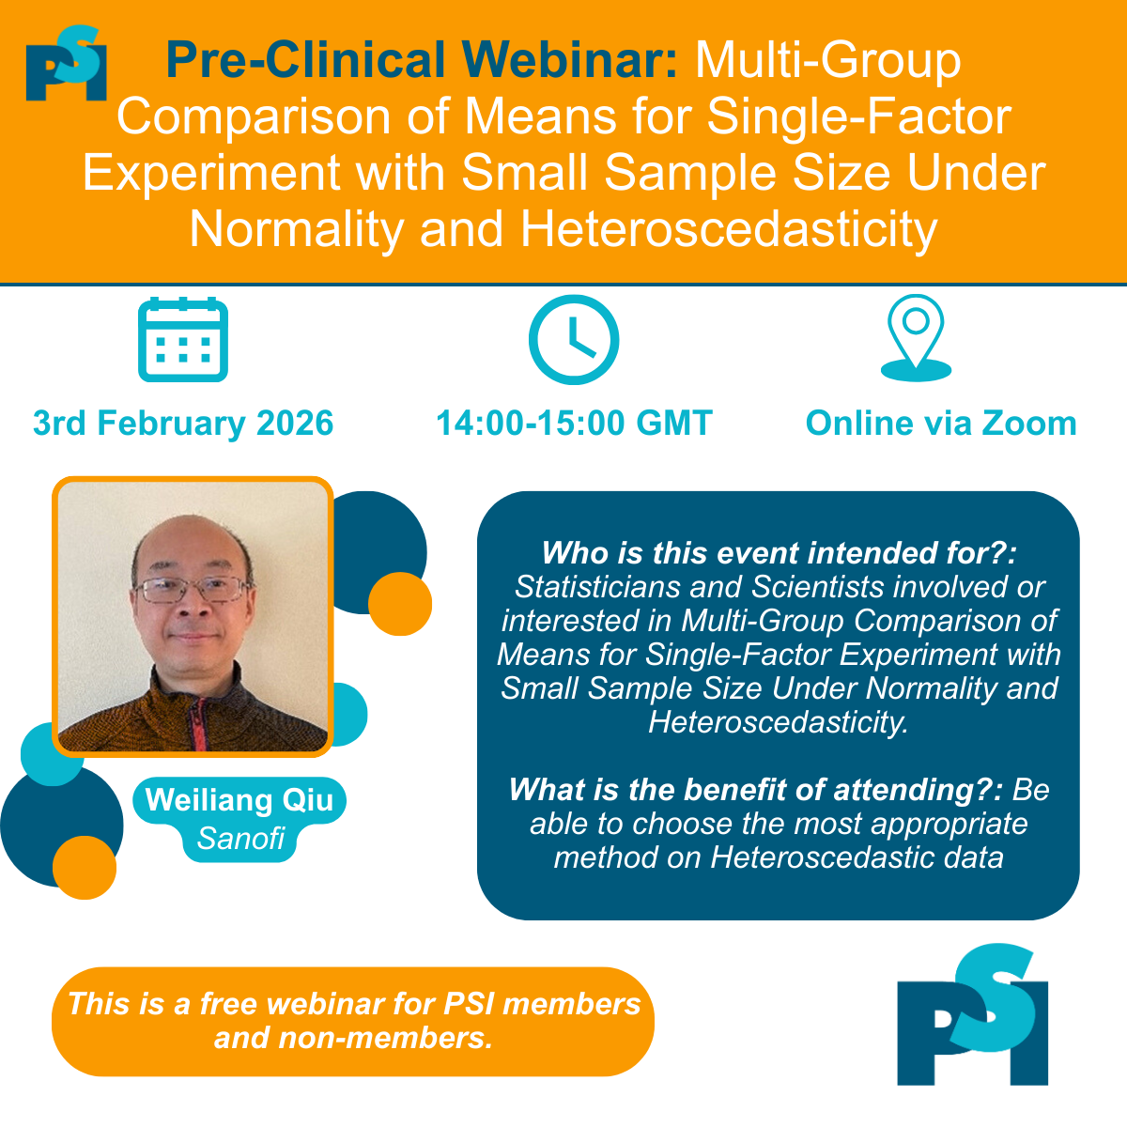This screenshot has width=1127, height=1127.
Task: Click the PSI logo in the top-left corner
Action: click(66, 64)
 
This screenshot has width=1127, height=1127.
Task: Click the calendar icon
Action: click(183, 339)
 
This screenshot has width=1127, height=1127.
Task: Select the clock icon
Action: click(574, 339)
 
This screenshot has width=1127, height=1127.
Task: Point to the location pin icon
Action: click(916, 337)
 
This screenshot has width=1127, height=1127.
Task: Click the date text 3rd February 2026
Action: click(183, 424)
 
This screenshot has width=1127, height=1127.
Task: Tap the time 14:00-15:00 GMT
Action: click(574, 424)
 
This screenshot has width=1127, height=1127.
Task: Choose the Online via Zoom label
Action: click(941, 424)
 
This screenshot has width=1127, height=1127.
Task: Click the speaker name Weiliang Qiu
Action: click(239, 800)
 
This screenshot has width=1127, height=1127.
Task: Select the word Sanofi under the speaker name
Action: click(240, 838)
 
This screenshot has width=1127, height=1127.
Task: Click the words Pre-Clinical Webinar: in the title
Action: click(422, 61)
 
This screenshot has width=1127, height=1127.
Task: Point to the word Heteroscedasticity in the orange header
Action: click(729, 229)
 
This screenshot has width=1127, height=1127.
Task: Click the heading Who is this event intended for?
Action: click(779, 553)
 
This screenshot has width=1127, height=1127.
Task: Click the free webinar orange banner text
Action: click(353, 1021)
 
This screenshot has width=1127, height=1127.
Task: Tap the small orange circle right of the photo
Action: click(400, 604)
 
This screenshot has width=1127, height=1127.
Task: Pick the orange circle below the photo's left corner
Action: click(85, 867)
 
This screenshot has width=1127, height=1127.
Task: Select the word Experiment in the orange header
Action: click(211, 173)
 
